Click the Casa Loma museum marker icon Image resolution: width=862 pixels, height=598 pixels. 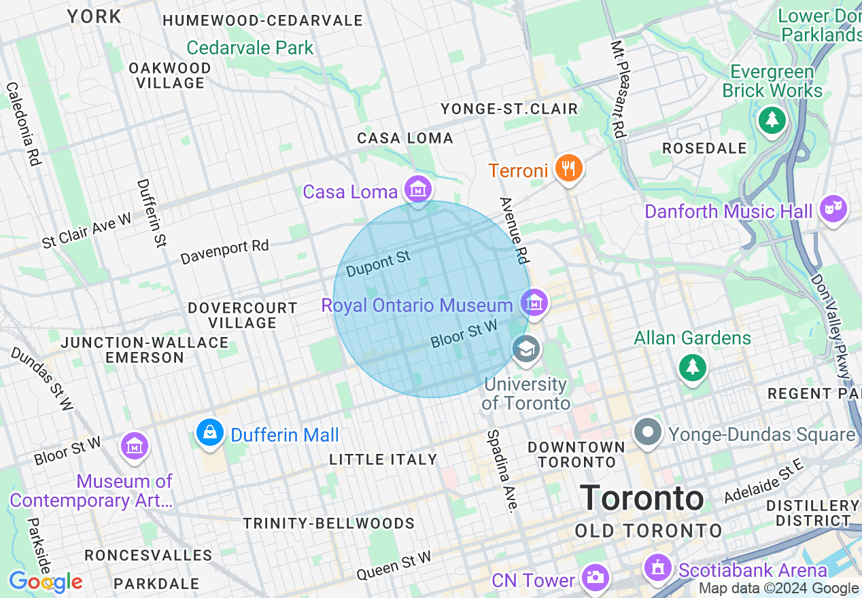(418, 189)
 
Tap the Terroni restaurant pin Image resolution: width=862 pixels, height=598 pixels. (568, 167)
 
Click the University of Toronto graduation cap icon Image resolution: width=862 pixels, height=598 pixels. (526, 349)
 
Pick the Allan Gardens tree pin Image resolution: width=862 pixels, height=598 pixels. (692, 367)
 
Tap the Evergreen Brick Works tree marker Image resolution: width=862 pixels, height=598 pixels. (772, 120)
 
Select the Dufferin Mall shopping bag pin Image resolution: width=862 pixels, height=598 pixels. (210, 432)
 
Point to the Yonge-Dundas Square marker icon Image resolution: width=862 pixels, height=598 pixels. (648, 432)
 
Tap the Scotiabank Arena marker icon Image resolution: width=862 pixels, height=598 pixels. (657, 567)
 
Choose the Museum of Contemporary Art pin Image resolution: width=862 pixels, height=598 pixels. (135, 446)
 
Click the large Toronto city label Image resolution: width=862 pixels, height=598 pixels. (642, 498)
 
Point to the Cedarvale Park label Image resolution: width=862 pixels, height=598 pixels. (250, 48)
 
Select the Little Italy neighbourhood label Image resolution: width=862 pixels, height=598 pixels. (383, 460)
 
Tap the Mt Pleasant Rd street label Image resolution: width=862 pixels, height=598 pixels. (617, 89)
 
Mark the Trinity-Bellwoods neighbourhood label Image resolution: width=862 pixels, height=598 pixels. (329, 523)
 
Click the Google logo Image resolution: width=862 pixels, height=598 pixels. (46, 582)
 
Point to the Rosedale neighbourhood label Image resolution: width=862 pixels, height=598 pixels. (704, 148)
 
